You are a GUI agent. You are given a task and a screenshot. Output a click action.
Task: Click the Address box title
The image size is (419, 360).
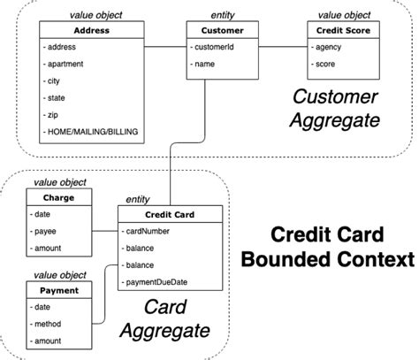click(92, 30)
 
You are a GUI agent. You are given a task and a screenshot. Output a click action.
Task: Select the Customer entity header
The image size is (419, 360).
click(223, 30)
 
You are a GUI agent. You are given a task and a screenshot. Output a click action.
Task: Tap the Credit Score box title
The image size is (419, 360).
click(343, 30)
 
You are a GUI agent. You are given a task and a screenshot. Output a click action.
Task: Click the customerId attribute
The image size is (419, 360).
click(212, 47)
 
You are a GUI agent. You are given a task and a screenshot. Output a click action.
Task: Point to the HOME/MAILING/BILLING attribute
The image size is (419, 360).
click(91, 132)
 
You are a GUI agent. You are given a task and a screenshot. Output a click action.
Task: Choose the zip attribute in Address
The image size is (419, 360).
click(50, 115)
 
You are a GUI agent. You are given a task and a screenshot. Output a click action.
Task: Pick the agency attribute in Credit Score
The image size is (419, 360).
click(326, 47)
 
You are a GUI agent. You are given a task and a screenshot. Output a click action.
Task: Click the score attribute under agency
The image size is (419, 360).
click(324, 64)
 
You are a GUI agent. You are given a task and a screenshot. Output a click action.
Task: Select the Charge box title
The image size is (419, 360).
click(58, 197)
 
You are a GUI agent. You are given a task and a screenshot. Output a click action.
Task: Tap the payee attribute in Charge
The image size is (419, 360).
click(43, 232)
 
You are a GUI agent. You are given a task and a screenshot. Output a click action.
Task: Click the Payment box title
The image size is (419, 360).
click(59, 290)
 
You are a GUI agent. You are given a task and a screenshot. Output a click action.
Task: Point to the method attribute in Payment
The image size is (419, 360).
click(46, 324)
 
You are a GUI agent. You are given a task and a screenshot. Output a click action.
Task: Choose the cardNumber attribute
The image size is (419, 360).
click(146, 231)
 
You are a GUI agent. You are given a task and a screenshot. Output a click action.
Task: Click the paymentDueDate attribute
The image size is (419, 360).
click(155, 282)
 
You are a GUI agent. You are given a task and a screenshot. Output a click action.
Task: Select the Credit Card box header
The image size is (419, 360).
click(170, 215)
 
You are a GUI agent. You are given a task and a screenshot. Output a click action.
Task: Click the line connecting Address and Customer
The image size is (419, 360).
click(165, 47)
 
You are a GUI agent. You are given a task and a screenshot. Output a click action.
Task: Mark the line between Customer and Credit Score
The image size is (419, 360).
click(283, 47)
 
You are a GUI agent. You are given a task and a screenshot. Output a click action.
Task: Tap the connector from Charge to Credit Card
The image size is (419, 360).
click(105, 231)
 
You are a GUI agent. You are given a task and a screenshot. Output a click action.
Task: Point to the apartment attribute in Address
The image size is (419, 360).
click(64, 64)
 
